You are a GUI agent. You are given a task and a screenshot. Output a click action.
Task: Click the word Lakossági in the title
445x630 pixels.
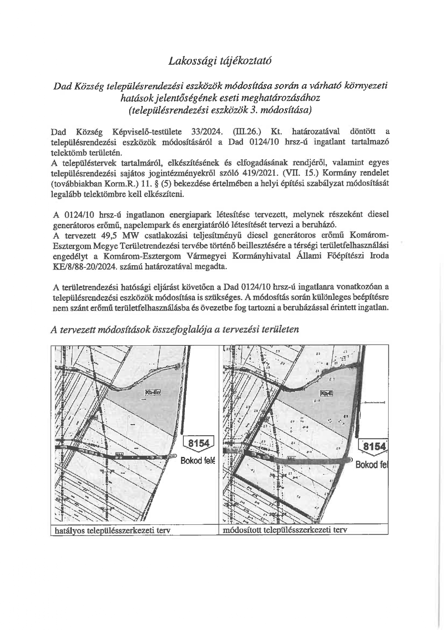click(189, 60)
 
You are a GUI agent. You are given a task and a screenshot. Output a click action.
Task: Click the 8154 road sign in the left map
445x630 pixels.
click(198, 443)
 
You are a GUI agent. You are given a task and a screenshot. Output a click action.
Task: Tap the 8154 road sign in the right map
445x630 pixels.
click(374, 446)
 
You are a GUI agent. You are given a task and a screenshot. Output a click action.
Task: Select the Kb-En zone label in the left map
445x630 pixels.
click(152, 392)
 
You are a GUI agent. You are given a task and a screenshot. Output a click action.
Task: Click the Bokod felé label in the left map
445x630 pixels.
click(197, 460)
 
